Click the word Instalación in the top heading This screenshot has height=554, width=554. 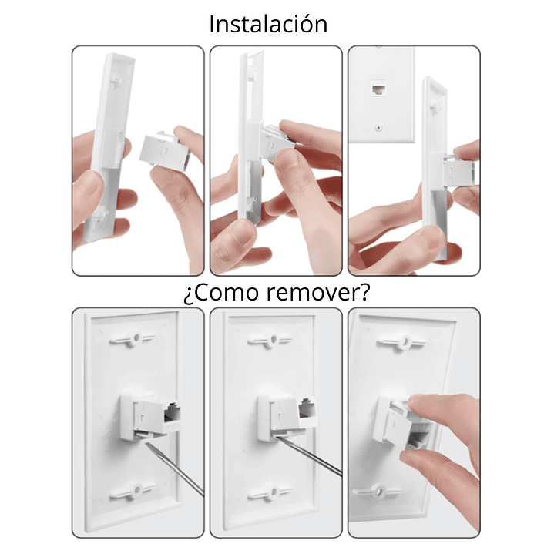coord(268,24)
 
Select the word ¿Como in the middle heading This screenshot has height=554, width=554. coord(219,293)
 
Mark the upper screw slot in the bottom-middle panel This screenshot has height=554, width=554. coord(270,339)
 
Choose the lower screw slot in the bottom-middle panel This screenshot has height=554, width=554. coord(270,492)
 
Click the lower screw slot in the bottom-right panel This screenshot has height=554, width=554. coord(379,491)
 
